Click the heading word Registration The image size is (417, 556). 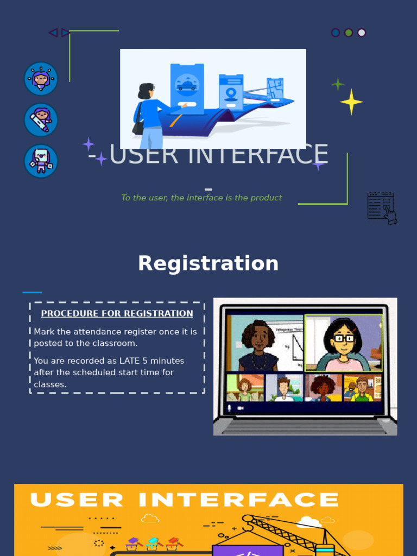tap(208, 264)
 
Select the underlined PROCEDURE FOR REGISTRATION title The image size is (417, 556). tap(117, 313)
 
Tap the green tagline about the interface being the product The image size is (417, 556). tap(201, 198)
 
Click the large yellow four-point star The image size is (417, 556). tap(351, 102)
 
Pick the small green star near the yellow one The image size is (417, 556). tap(338, 84)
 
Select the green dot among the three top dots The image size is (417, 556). tap(349, 33)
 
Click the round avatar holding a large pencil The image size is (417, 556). tap(41, 120)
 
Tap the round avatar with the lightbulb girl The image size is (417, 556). tap(41, 79)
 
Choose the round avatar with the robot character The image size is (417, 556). tap(41, 161)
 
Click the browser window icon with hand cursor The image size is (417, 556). tap(382, 207)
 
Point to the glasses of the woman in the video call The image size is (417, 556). tap(343, 338)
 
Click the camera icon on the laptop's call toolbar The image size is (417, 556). tap(241, 408)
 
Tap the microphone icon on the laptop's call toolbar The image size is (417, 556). tap(230, 408)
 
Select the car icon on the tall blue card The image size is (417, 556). tap(187, 85)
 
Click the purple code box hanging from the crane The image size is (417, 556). tap(248, 549)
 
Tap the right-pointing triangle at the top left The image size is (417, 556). tap(65, 33)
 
